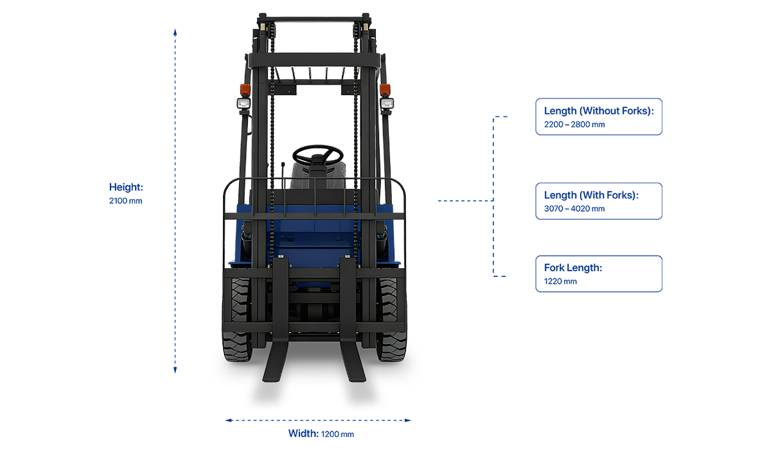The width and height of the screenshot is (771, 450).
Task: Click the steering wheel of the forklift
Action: click(x=317, y=155)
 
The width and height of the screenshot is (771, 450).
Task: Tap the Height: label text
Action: click(x=126, y=187)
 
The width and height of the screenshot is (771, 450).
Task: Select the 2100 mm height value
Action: click(x=125, y=201)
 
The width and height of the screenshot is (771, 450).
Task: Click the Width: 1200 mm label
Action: click(x=321, y=433)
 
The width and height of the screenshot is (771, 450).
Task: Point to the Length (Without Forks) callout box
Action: click(x=598, y=117)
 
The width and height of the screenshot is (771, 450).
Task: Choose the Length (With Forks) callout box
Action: click(x=598, y=201)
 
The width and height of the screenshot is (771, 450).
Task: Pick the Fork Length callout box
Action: click(x=598, y=274)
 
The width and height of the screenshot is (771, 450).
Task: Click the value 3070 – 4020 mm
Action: click(x=574, y=209)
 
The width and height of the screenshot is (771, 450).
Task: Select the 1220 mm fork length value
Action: click(x=560, y=282)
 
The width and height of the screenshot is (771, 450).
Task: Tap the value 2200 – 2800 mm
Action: click(x=574, y=125)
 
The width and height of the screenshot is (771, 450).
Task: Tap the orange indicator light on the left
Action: click(x=245, y=89)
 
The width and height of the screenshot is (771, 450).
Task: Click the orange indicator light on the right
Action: click(x=385, y=89)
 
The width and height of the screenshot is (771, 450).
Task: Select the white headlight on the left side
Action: click(x=244, y=104)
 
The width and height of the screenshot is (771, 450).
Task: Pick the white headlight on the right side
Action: click(x=386, y=103)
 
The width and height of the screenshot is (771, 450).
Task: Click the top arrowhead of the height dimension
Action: click(x=175, y=30)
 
